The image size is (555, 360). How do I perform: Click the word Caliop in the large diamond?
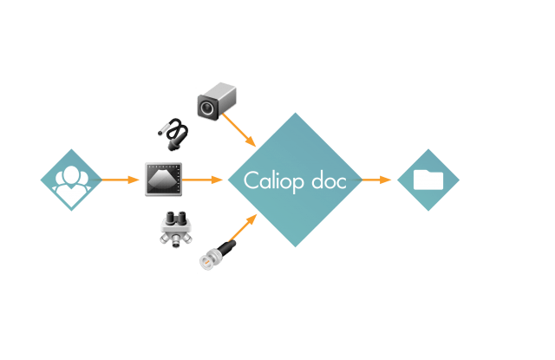tap(271, 180)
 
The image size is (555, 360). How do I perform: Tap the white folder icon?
tap(428, 180)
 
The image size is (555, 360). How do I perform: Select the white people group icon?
tap(70, 180)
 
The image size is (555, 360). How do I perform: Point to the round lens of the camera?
tap(207, 108)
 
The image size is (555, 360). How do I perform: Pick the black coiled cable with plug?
tap(173, 133)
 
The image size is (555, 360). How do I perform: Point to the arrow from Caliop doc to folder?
tap(377, 180)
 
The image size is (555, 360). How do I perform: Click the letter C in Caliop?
tap(251, 180)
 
